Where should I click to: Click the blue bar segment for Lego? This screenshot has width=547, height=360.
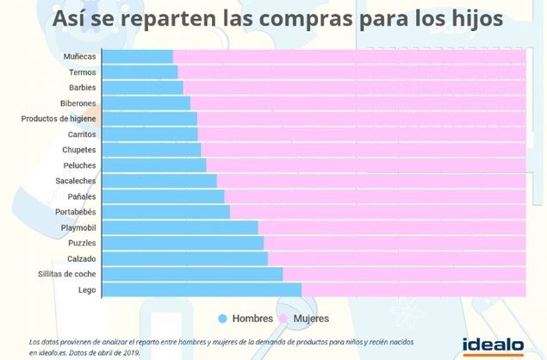[x=202, y=289]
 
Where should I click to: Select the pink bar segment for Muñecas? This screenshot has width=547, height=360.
[x=349, y=56]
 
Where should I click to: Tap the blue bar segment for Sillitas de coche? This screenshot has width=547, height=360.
[x=192, y=274]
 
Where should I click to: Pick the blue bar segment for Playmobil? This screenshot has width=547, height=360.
[x=180, y=227]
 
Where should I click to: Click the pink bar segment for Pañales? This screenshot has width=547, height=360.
[x=375, y=196]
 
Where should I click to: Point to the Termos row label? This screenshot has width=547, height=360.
[x=82, y=72]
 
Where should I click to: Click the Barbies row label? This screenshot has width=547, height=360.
[x=82, y=88]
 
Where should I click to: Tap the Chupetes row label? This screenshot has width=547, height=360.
[x=78, y=150]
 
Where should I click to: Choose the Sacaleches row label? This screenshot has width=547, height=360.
[x=76, y=181]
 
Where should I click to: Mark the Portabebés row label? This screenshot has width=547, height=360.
[x=75, y=212]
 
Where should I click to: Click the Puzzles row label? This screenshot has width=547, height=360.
[x=81, y=243]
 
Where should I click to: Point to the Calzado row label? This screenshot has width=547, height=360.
[x=81, y=258]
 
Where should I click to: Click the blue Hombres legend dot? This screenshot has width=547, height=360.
[x=222, y=319]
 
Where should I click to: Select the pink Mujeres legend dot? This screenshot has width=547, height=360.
[x=283, y=319]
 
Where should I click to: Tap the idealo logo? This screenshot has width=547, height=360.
[x=493, y=344]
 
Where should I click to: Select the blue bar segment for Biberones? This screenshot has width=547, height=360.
[x=146, y=103]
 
